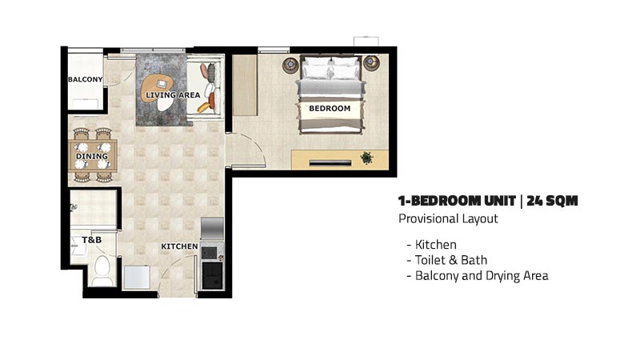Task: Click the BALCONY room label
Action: (x=86, y=79)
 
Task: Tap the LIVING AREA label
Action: (x=173, y=95)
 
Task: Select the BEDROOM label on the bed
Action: (x=330, y=109)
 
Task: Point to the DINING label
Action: (x=92, y=156)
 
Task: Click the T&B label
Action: (x=92, y=239)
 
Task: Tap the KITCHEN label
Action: (x=179, y=246)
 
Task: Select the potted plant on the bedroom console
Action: (x=366, y=158)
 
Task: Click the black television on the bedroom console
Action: (x=330, y=163)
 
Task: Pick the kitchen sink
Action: (x=212, y=275)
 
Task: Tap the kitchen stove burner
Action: (x=210, y=253)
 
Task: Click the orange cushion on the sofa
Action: (x=211, y=99)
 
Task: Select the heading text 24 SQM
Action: (x=552, y=201)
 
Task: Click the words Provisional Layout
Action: (x=448, y=218)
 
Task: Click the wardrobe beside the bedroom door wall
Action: (x=245, y=86)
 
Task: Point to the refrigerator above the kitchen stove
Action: (x=212, y=229)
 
